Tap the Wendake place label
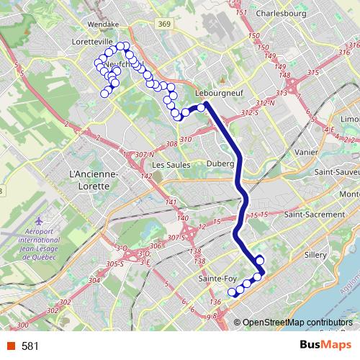click(102, 24)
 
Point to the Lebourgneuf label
click(219, 93)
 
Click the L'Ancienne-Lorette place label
click(88, 180)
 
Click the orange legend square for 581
click(9, 346)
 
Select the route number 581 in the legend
click(30, 346)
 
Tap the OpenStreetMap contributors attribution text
click(297, 323)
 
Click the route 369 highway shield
click(165, 24)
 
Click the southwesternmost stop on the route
click(232, 292)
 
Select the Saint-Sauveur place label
click(340, 174)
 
